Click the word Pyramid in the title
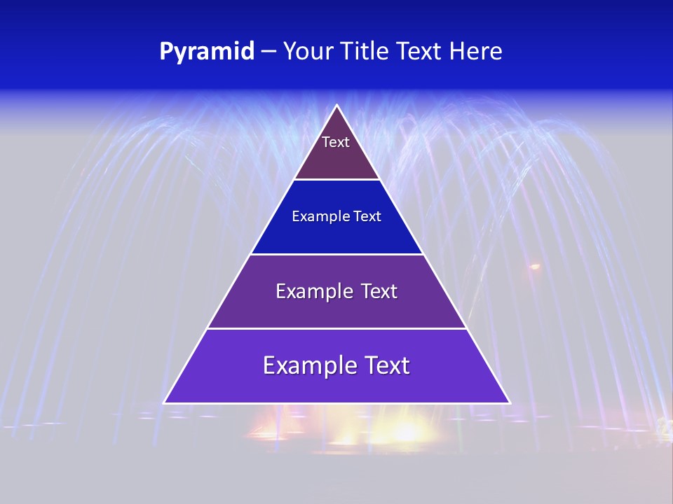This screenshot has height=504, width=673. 206,52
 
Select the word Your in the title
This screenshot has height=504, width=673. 307,52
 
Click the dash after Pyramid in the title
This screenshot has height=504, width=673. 268,52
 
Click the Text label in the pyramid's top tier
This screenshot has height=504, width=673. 336,142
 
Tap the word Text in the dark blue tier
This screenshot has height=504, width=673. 367,216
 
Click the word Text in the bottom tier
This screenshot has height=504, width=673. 383,365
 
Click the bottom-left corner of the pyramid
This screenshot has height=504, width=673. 165,402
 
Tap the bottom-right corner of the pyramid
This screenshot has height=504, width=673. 510,402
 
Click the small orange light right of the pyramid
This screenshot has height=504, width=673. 535,267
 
